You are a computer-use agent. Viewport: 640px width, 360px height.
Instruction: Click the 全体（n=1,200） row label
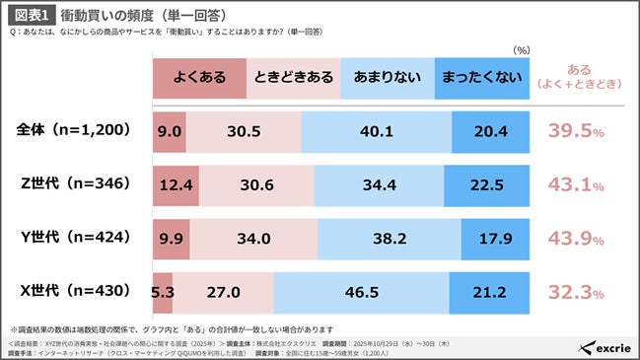point(71,131)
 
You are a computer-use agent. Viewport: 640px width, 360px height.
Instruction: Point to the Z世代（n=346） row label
point(71,184)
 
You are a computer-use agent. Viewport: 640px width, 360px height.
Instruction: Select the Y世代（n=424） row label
point(71,238)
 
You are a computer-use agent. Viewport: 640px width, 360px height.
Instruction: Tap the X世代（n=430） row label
point(71,292)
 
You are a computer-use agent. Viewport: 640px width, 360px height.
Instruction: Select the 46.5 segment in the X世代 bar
point(360,292)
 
